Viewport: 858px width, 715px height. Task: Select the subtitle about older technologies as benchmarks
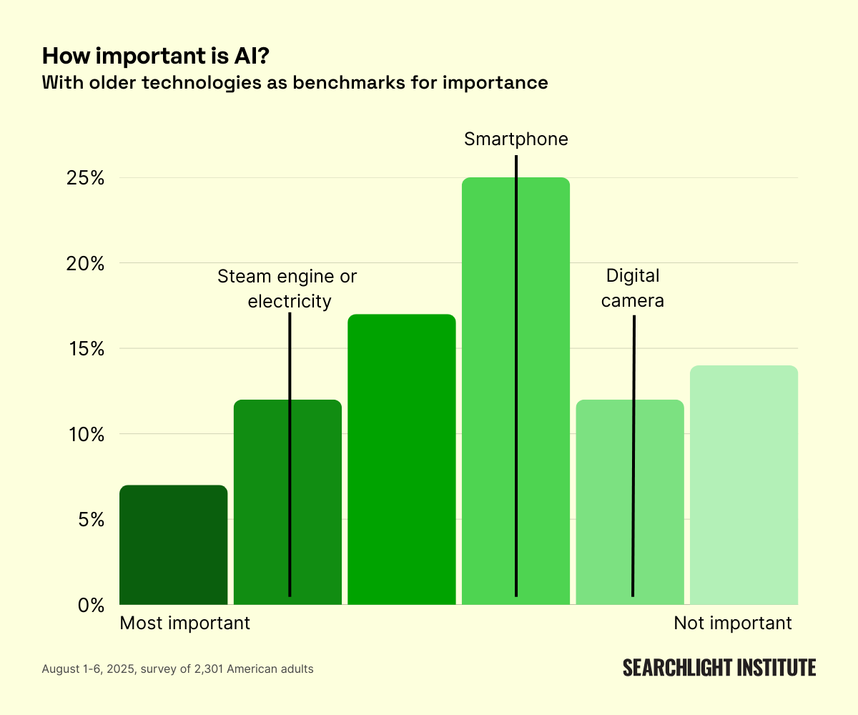pos(295,83)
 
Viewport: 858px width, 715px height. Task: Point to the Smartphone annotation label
pos(516,139)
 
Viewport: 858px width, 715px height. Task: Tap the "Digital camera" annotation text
pos(633,288)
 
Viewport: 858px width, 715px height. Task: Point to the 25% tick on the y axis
pos(85,178)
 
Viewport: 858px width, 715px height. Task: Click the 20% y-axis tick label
pos(85,263)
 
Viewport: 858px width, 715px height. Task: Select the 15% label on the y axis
pos(86,349)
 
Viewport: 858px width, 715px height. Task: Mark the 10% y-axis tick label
pos(86,434)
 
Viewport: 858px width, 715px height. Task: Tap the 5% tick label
pos(92,520)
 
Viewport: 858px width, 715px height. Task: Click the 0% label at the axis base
pos(92,605)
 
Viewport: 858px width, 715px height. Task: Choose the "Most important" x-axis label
pos(184,623)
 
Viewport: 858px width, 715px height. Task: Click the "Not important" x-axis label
pos(733,623)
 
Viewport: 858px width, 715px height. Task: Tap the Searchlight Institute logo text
pos(719,668)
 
